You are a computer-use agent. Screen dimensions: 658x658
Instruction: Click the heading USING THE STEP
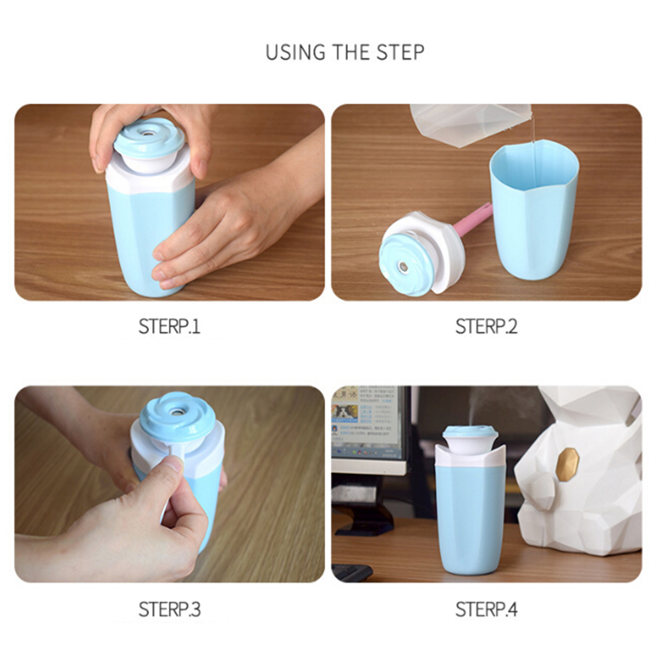(345, 52)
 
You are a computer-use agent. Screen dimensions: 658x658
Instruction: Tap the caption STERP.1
(169, 326)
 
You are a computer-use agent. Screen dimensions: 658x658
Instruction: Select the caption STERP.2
(487, 326)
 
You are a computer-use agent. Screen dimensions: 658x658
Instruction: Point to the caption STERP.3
(169, 609)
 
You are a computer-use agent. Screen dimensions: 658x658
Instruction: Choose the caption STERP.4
(487, 609)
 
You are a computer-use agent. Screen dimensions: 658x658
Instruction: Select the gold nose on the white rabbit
(568, 464)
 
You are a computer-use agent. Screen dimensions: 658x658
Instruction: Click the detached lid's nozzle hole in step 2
(402, 267)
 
